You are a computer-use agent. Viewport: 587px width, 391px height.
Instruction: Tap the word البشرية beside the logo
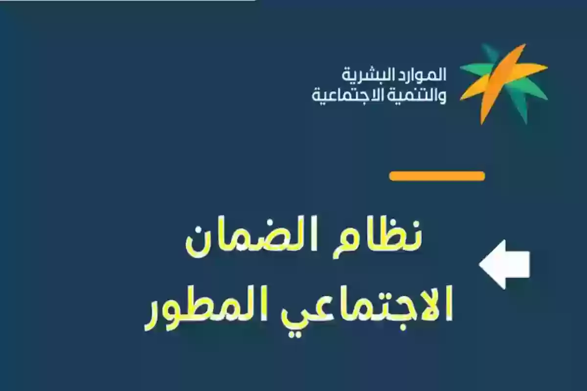point(364,75)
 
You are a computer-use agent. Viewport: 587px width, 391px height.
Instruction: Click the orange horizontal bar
point(437,176)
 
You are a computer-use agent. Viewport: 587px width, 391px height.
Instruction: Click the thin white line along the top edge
point(127,0)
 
